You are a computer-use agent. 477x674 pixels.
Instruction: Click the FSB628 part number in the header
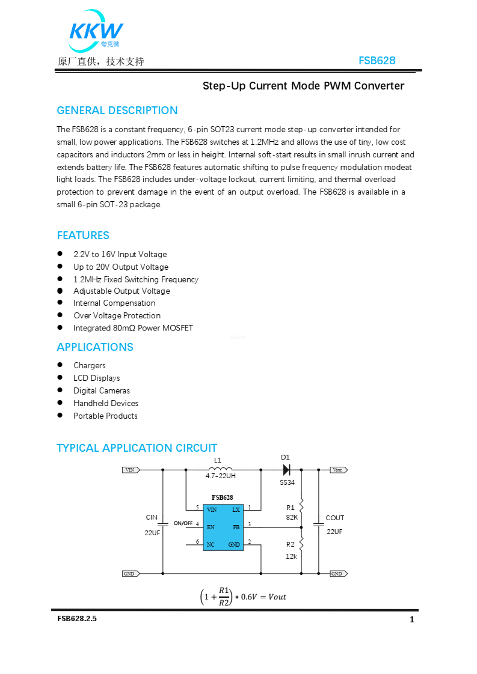point(377,61)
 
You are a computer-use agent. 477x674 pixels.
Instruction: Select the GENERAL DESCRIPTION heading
point(117,111)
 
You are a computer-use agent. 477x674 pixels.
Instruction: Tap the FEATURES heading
point(83,235)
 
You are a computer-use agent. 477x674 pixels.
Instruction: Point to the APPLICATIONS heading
point(95,347)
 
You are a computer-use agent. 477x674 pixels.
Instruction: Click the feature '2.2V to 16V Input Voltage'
point(120,255)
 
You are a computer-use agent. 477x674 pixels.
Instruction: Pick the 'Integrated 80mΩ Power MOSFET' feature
point(133,328)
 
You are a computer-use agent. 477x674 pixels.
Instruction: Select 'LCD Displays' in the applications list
point(97,378)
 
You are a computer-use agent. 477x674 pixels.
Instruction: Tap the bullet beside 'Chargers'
point(60,365)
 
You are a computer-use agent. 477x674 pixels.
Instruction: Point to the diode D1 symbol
point(287,470)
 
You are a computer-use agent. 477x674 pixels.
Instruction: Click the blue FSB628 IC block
point(223,527)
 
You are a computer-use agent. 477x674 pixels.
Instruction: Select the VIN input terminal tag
point(131,470)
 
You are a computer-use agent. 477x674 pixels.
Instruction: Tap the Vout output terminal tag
point(339,470)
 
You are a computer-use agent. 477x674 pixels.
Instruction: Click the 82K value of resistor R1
point(292,517)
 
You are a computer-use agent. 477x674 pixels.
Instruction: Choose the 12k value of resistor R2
point(291,556)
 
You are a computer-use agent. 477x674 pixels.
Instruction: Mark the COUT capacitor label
point(335,518)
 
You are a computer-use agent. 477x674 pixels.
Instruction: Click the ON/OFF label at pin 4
point(183,523)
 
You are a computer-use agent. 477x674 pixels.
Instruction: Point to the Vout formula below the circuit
point(243,597)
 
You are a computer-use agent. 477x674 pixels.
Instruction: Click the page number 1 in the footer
point(412,620)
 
